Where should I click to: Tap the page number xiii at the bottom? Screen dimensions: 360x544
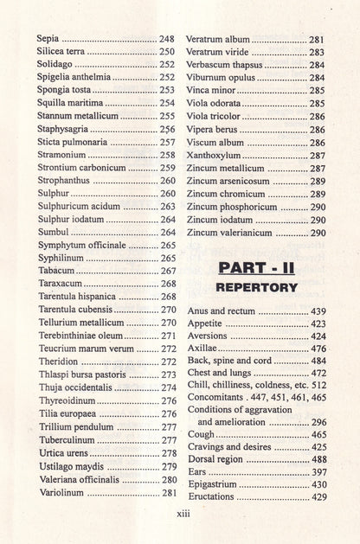pos(181,513)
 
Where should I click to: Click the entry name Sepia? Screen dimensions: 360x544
pos(48,40)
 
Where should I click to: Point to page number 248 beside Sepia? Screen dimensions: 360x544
pos(166,40)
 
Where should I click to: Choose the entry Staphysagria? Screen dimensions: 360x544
pos(67,128)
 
